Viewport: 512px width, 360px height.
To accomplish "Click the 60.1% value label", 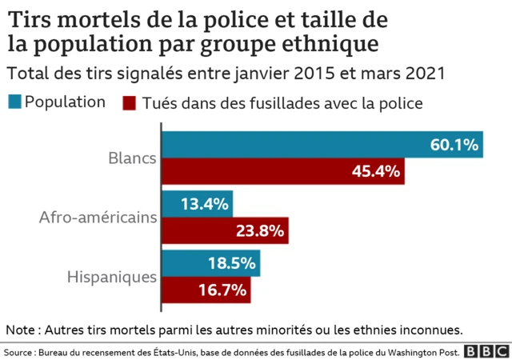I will point(454,145).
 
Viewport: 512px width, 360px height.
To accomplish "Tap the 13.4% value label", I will point(206,204).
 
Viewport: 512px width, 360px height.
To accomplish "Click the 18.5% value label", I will point(232,263).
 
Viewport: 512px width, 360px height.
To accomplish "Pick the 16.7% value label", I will point(222,290).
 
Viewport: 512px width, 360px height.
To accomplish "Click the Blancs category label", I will point(131,158).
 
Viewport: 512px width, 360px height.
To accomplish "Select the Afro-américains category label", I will point(98,218).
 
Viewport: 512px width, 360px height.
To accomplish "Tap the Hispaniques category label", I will point(111,277).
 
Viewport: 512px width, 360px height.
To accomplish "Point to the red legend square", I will point(128,103).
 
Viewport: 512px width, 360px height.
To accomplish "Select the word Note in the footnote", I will point(22,329).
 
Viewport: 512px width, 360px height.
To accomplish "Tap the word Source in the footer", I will point(19,352).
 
